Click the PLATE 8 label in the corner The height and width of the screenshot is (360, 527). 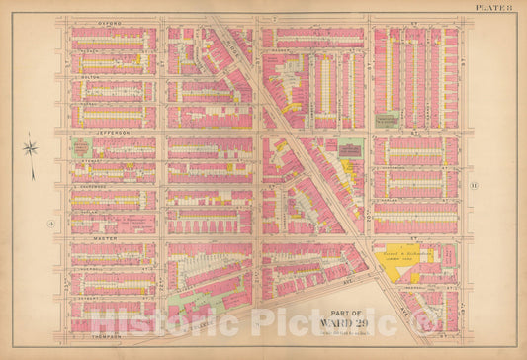coord(493,7)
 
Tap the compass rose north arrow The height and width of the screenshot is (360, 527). coord(30,149)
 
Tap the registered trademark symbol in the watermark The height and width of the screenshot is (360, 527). coord(432,322)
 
